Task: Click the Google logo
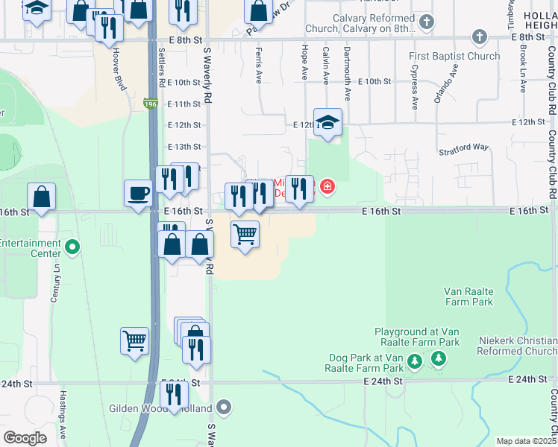25,438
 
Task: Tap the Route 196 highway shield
151,104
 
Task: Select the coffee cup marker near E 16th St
139,194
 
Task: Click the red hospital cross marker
327,186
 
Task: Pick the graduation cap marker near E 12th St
327,122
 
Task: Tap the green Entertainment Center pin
72,247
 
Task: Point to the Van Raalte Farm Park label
468,297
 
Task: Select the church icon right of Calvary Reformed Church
426,22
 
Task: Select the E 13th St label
184,147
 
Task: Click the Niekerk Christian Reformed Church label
516,346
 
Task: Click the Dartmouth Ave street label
347,73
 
